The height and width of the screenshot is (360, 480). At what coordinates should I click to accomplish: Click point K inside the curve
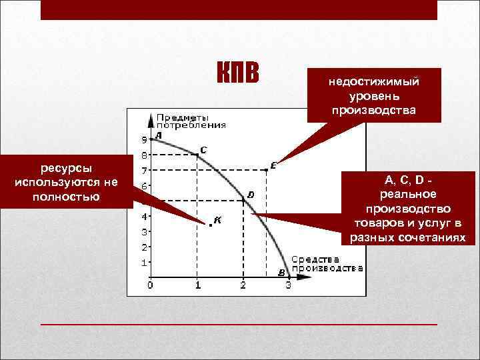pos(211,225)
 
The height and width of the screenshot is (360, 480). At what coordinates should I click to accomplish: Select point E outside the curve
pos(266,170)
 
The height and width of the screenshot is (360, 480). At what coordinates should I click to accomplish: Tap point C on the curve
pos(197,155)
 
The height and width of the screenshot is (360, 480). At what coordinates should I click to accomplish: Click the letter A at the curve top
pos(158,135)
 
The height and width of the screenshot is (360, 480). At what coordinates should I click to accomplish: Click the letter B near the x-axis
pos(281,273)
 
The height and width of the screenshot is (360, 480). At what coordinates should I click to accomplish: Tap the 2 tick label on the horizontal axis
pos(243,286)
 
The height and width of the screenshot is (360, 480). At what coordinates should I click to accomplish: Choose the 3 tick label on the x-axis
pos(288,286)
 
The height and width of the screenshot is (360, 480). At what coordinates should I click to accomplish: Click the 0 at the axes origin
pos(150,286)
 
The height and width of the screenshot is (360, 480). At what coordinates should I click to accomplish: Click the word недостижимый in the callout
pos(373,82)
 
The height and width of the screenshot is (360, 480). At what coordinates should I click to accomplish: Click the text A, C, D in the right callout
pos(405,181)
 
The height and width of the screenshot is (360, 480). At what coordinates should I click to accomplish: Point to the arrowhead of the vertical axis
pos(152,119)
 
